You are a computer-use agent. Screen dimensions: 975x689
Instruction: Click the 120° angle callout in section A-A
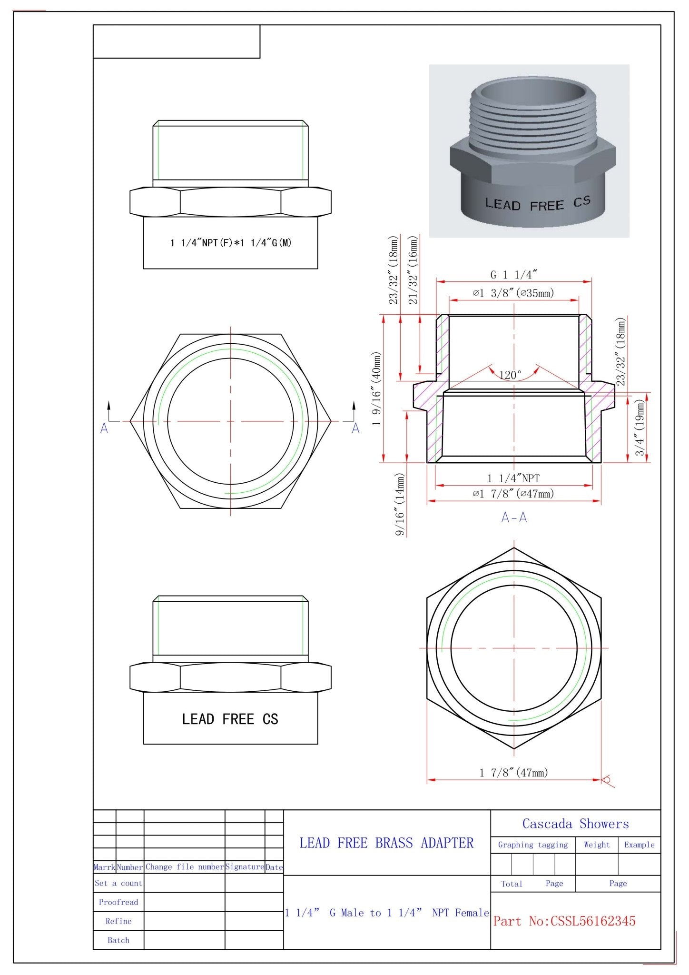click(510, 375)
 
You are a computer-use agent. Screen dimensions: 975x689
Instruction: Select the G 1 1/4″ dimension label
click(514, 275)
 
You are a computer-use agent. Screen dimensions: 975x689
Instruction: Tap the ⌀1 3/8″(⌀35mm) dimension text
click(513, 293)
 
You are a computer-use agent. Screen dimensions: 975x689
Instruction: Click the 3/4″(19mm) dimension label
click(640, 427)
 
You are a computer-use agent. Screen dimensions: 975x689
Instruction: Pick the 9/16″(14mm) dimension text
click(400, 504)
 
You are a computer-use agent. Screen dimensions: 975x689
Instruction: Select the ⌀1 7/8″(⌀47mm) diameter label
click(513, 494)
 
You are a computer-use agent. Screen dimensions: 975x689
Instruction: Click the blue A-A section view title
click(514, 517)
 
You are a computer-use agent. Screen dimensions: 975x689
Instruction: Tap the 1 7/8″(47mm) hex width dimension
click(513, 772)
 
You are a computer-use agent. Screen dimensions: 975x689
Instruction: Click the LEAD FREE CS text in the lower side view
click(230, 719)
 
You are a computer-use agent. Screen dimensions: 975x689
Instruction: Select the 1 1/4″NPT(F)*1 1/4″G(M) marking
click(231, 243)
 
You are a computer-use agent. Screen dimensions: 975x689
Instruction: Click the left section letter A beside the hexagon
click(104, 428)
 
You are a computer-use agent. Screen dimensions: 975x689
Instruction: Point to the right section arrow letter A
click(355, 428)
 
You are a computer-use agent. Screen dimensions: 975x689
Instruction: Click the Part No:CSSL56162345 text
click(564, 921)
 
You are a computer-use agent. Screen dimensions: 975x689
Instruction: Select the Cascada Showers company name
click(575, 824)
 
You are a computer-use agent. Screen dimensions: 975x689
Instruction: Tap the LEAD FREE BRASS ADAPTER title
click(386, 843)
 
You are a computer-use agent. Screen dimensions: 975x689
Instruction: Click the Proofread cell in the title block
click(118, 902)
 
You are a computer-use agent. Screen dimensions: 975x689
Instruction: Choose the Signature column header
click(245, 867)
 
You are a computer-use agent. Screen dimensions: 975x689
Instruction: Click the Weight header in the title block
click(596, 845)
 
